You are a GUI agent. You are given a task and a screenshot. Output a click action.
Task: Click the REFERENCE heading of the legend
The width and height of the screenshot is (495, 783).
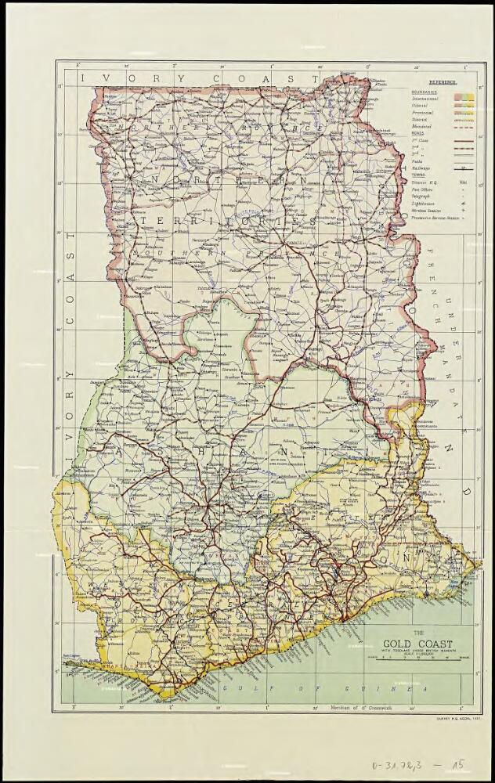click(x=443, y=81)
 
